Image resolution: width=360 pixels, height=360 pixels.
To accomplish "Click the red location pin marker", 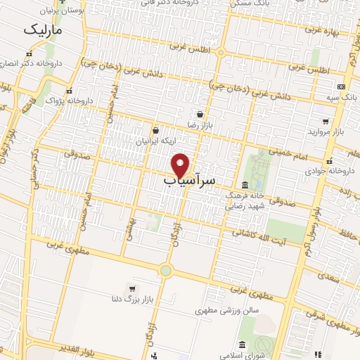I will pos(180,165).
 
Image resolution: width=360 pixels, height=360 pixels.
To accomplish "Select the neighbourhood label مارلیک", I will pos(42,31).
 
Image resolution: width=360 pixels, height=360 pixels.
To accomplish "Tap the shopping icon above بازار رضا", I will pos(200,113).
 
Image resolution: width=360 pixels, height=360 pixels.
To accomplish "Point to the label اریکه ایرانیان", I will pos(156,141).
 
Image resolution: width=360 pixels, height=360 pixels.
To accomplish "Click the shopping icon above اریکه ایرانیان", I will pos(155,130).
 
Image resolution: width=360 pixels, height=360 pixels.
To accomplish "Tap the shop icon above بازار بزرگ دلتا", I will pos(132,289).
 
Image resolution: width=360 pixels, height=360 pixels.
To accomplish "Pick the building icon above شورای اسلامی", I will pos(243,345).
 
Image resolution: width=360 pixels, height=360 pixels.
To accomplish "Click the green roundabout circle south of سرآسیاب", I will pos(166,270).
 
